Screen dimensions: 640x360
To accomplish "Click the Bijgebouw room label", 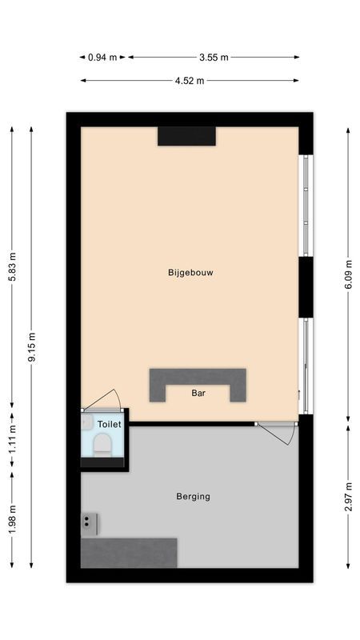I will (x=190, y=272).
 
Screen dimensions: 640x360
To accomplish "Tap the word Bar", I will (x=198, y=393).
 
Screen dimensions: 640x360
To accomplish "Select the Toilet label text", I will (x=109, y=423).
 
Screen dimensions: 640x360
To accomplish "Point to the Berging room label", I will (x=193, y=496).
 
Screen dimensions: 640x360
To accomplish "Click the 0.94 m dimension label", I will (x=102, y=57).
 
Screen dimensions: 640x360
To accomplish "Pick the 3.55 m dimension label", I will (x=214, y=57).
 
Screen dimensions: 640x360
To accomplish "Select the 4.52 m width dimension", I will (x=189, y=80).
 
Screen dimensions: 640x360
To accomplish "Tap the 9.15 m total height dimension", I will (x=31, y=347).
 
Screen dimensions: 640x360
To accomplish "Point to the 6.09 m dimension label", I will (x=348, y=273).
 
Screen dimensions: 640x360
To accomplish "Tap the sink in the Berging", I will (x=90, y=523).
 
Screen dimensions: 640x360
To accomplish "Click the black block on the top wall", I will (x=186, y=136).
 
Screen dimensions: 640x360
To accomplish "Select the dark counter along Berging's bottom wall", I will (x=129, y=552).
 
